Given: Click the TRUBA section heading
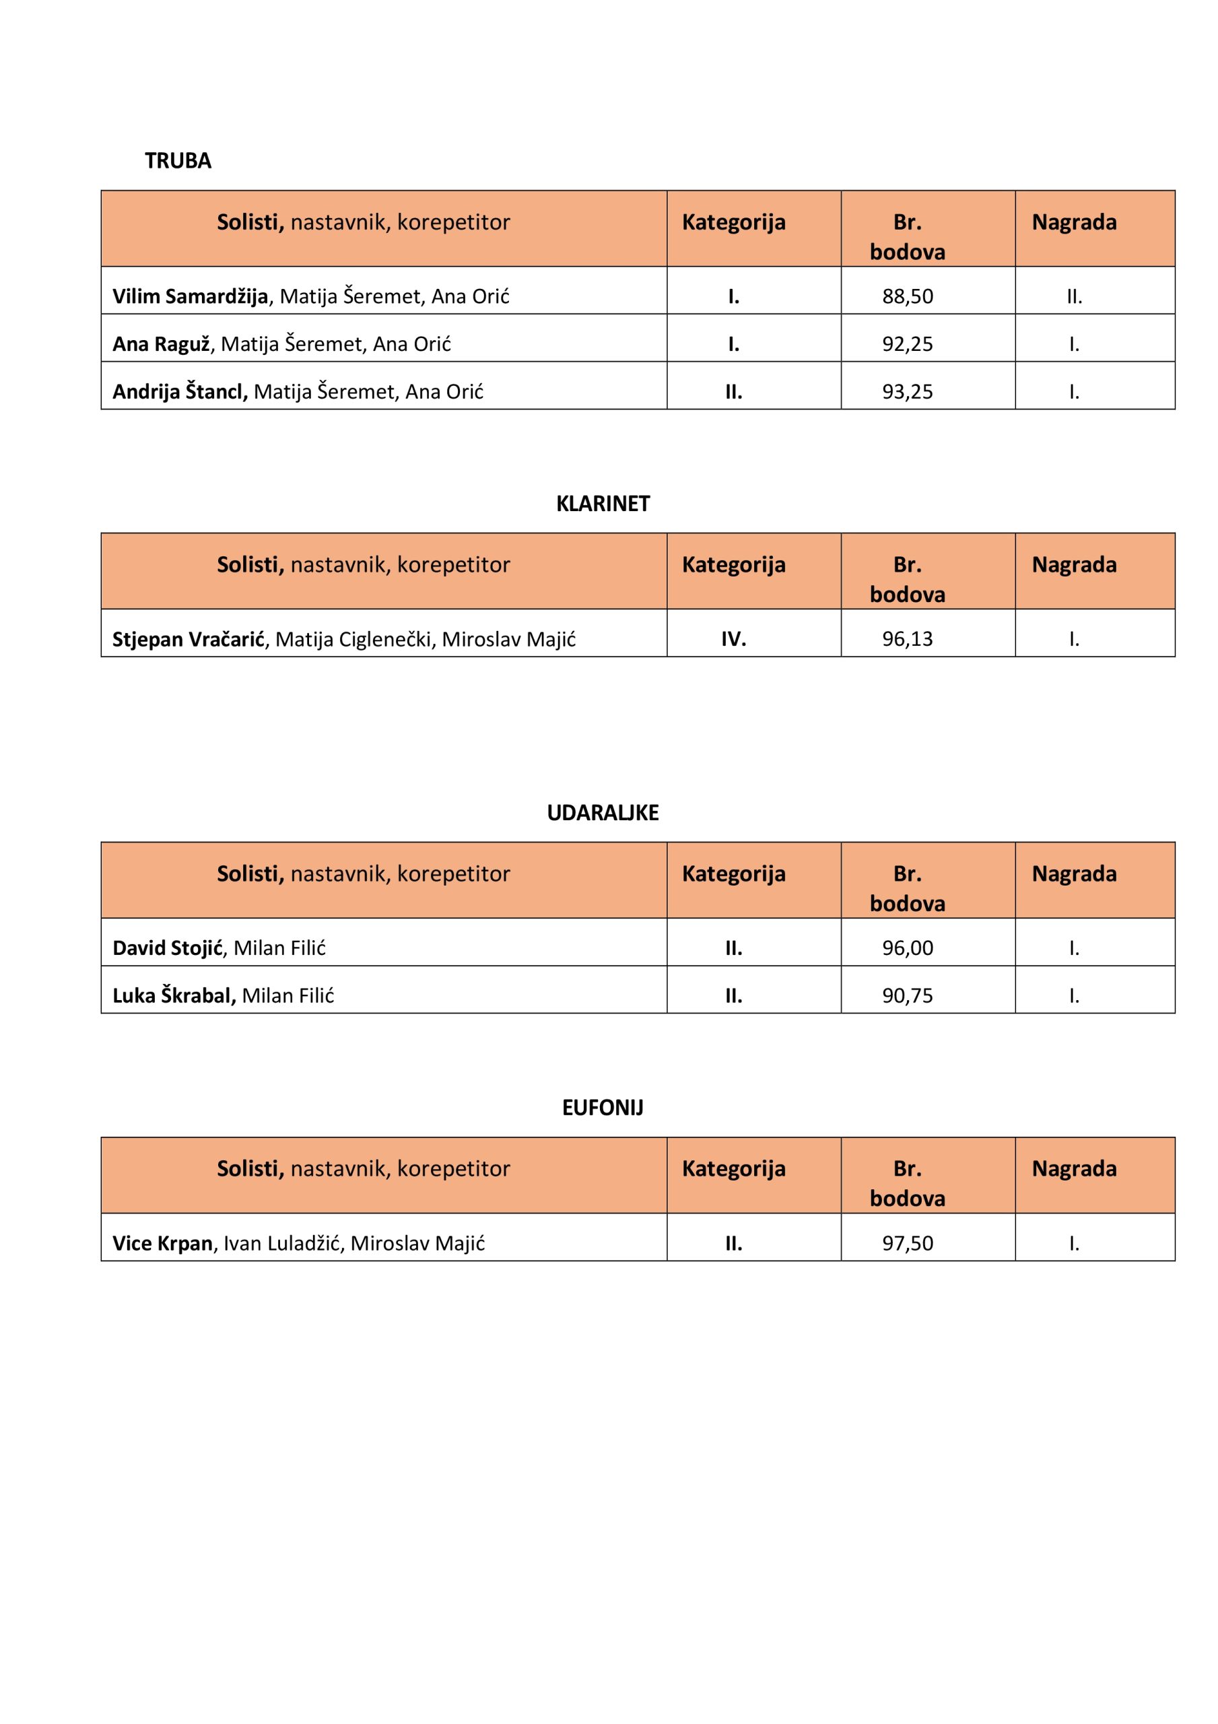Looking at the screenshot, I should coord(178,161).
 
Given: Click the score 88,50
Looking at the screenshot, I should coord(907,296).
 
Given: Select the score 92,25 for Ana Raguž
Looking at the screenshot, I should coord(907,344).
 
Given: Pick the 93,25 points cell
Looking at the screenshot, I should coord(907,391).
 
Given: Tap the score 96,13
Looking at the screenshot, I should coord(907,639).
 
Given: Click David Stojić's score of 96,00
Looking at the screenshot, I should coord(907,948).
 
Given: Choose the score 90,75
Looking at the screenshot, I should coord(907,995).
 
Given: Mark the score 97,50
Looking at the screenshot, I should coord(907,1242).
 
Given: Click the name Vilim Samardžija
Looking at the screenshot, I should coord(190,296).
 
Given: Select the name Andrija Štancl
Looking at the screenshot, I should coord(180,391).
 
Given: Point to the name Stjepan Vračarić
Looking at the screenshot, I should coord(189,639).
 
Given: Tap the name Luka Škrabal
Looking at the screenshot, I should coord(174,995).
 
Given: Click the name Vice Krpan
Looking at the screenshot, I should coord(162,1242).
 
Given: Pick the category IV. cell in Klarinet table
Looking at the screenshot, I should coord(733,639).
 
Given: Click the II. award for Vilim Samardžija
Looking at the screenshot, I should coord(1074,296).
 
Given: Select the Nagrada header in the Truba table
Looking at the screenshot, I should coord(1074,222).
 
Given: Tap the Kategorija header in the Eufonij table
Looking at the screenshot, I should coord(733,1168).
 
